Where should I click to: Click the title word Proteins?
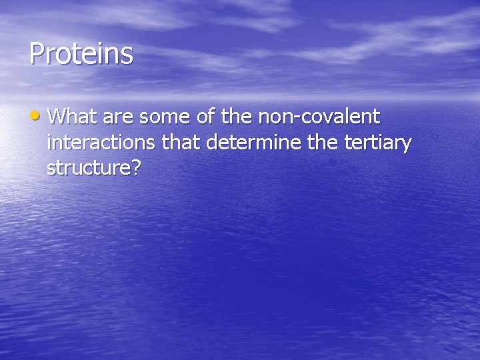81,54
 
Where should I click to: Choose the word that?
181,143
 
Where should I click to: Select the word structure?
89,168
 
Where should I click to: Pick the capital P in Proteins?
37,53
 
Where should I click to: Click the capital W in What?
57,117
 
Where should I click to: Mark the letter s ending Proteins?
127,55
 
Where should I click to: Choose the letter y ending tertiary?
406,146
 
